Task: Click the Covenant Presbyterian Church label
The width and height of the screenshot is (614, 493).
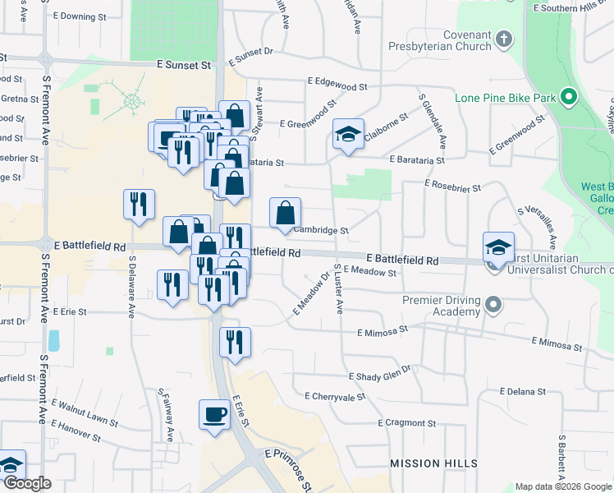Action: [x=443, y=43]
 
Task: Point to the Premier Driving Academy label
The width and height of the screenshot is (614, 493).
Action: [x=440, y=306]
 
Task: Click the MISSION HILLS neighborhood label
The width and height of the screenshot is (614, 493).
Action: [x=433, y=463]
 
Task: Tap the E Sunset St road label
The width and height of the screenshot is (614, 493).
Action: [x=184, y=64]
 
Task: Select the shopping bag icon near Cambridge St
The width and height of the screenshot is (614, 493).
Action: [x=285, y=213]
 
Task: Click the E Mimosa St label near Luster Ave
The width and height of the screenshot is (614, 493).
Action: [x=383, y=330]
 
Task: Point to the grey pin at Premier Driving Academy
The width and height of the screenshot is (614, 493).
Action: [x=493, y=306]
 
